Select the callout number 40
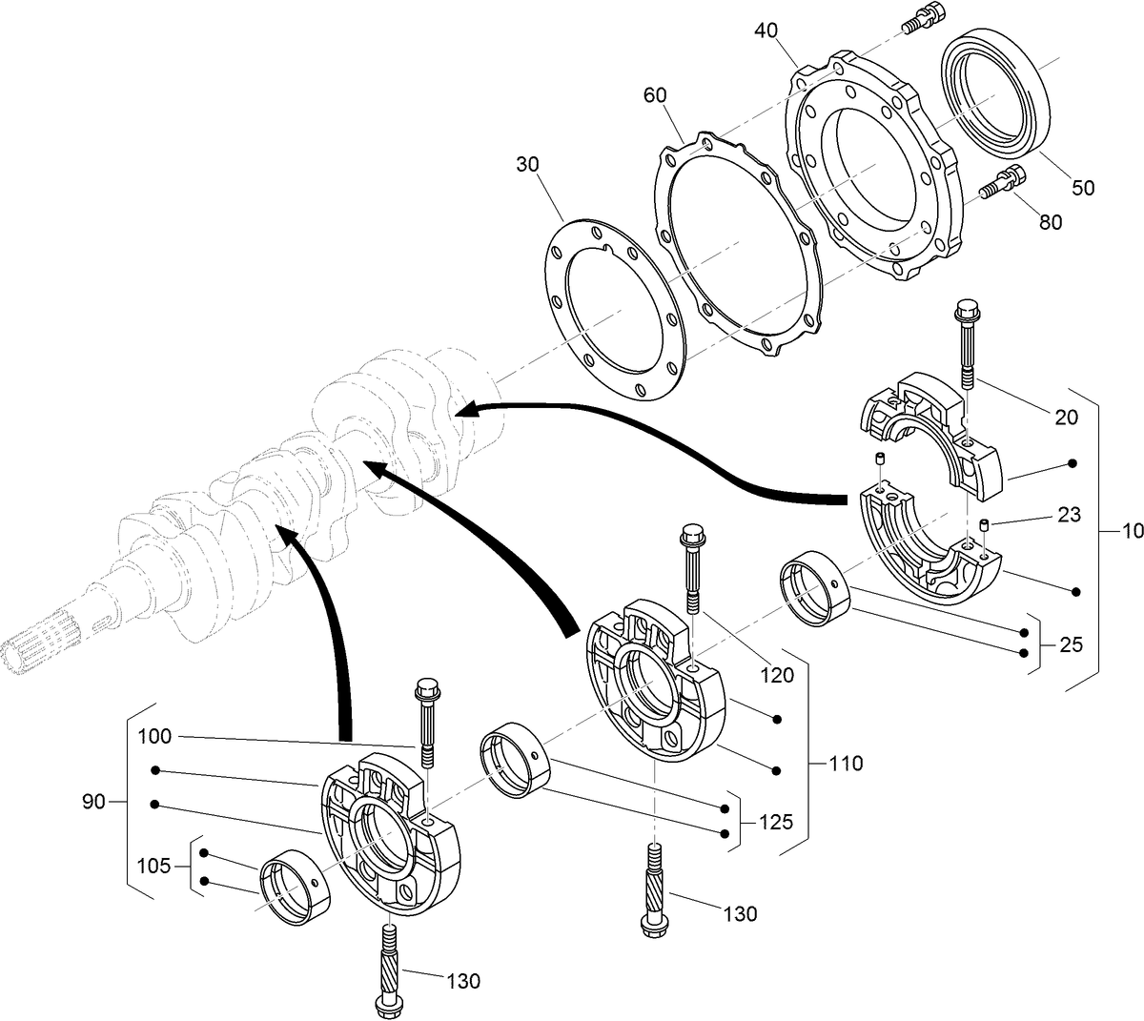(766, 31)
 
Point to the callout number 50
(1083, 188)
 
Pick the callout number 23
(1069, 515)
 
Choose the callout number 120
(777, 676)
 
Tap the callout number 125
(776, 822)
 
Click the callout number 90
(92, 803)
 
